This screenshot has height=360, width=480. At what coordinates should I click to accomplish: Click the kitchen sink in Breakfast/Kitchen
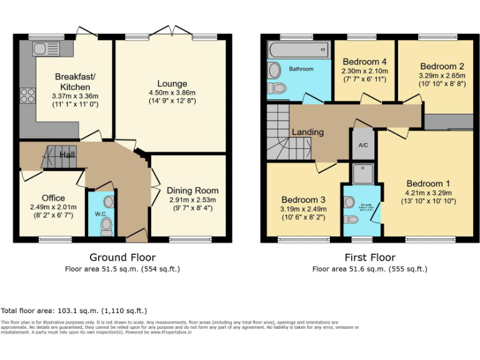[47, 48]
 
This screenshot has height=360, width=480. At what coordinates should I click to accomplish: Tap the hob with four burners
[27, 95]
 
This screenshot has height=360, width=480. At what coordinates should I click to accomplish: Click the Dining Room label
[192, 191]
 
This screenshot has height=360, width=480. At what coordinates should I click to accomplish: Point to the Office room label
[53, 198]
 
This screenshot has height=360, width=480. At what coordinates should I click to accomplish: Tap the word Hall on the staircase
[67, 154]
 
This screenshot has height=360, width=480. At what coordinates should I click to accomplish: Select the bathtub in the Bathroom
[298, 49]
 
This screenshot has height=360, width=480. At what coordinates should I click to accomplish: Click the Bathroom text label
[301, 69]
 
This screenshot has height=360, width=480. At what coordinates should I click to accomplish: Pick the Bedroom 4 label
[364, 62]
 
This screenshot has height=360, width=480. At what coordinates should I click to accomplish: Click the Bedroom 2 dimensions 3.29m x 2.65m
[442, 76]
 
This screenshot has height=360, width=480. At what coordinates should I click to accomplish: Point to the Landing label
[308, 132]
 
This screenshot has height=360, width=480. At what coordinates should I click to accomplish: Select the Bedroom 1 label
[428, 183]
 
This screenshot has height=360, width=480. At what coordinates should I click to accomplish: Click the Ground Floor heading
[122, 257]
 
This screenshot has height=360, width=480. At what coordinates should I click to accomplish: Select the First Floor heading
[370, 257]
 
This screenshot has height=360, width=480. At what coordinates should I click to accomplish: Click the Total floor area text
[74, 311]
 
